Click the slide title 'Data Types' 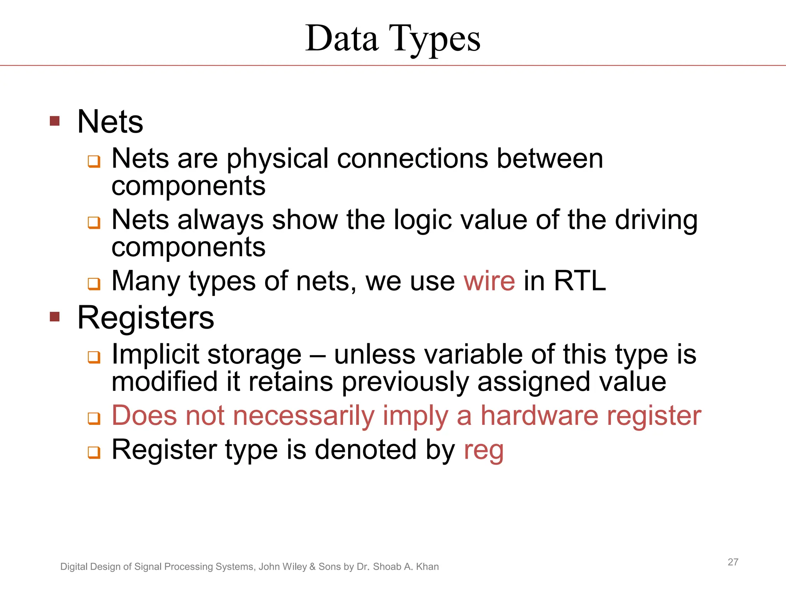pyautogui.click(x=393, y=39)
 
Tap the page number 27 pyautogui.click(x=733, y=562)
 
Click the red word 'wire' pyautogui.click(x=489, y=281)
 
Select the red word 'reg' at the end pyautogui.click(x=484, y=450)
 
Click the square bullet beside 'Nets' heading pyautogui.click(x=55, y=121)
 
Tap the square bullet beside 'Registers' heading pyautogui.click(x=55, y=317)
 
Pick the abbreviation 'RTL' pyautogui.click(x=580, y=281)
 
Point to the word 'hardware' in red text pyautogui.click(x=539, y=416)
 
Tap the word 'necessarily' pyautogui.click(x=303, y=416)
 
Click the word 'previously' pyautogui.click(x=405, y=382)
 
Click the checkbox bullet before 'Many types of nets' pyautogui.click(x=94, y=284)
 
